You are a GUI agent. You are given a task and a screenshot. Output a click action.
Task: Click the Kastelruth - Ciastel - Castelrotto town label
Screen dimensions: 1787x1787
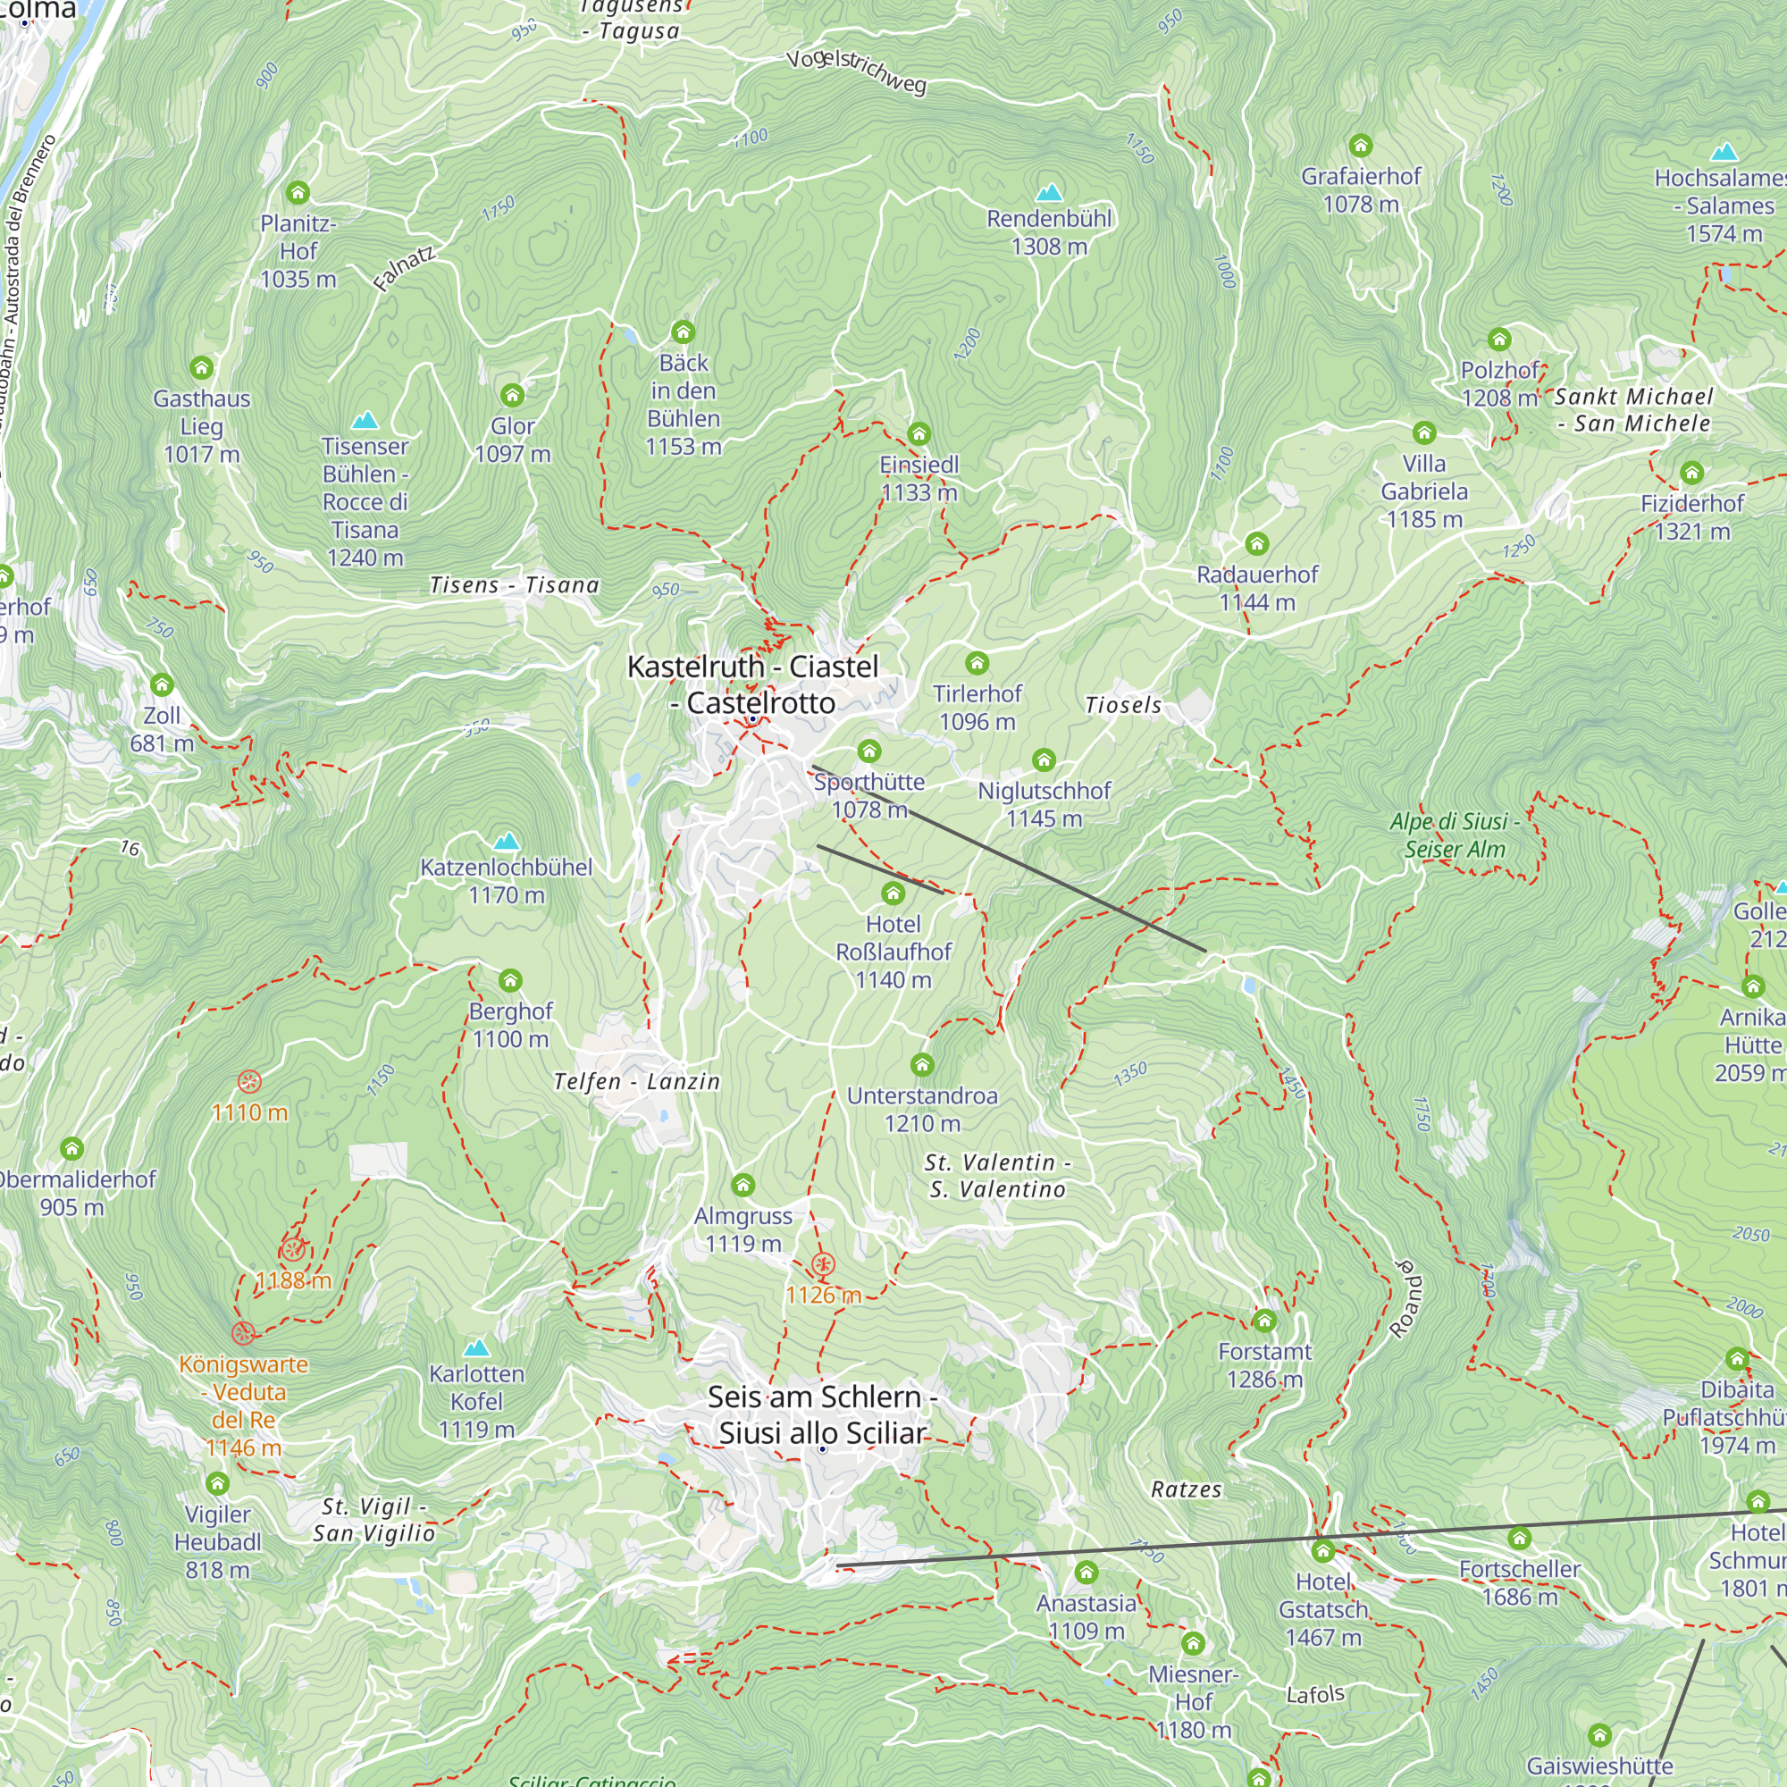tap(752, 684)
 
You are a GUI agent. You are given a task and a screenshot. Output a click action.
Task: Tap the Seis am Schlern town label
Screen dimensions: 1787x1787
tap(822, 1414)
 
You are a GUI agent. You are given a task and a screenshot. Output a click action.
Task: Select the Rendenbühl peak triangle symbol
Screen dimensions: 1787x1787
tap(1049, 192)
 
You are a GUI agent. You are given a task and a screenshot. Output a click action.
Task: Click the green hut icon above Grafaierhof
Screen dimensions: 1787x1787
tap(1360, 146)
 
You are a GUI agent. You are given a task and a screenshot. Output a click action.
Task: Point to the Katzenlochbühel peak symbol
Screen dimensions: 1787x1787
tap(506, 841)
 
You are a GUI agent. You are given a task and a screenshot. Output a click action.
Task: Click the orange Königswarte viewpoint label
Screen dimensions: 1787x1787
tap(243, 1405)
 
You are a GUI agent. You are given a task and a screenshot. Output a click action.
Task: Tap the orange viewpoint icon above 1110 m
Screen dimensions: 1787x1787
tap(248, 1081)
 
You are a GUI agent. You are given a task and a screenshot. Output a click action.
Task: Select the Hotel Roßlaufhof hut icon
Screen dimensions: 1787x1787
tap(893, 893)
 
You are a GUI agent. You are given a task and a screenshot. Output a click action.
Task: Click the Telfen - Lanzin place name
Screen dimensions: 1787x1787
tap(636, 1081)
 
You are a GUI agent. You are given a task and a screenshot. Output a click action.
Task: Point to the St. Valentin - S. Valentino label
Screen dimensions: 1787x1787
tap(997, 1176)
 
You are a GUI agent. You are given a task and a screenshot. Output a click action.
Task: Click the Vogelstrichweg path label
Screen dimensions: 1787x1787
tap(856, 71)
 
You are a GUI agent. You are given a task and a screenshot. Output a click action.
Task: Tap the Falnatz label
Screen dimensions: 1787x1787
tap(404, 269)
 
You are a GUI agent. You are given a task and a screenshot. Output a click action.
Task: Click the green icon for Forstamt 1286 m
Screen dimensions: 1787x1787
tap(1263, 1320)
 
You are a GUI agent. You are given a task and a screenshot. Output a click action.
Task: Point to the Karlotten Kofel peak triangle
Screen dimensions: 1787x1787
tap(476, 1347)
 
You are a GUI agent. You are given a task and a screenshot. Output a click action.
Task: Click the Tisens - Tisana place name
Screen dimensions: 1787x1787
tap(515, 584)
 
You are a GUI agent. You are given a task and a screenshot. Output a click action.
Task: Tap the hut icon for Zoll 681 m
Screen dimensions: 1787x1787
tap(162, 684)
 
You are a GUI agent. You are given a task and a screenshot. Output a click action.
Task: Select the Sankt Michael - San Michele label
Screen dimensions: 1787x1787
tap(1632, 410)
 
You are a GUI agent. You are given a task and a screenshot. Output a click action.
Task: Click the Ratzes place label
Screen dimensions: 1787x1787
tap(1186, 1489)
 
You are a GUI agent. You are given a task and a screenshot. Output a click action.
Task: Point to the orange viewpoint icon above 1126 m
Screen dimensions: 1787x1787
tap(822, 1263)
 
